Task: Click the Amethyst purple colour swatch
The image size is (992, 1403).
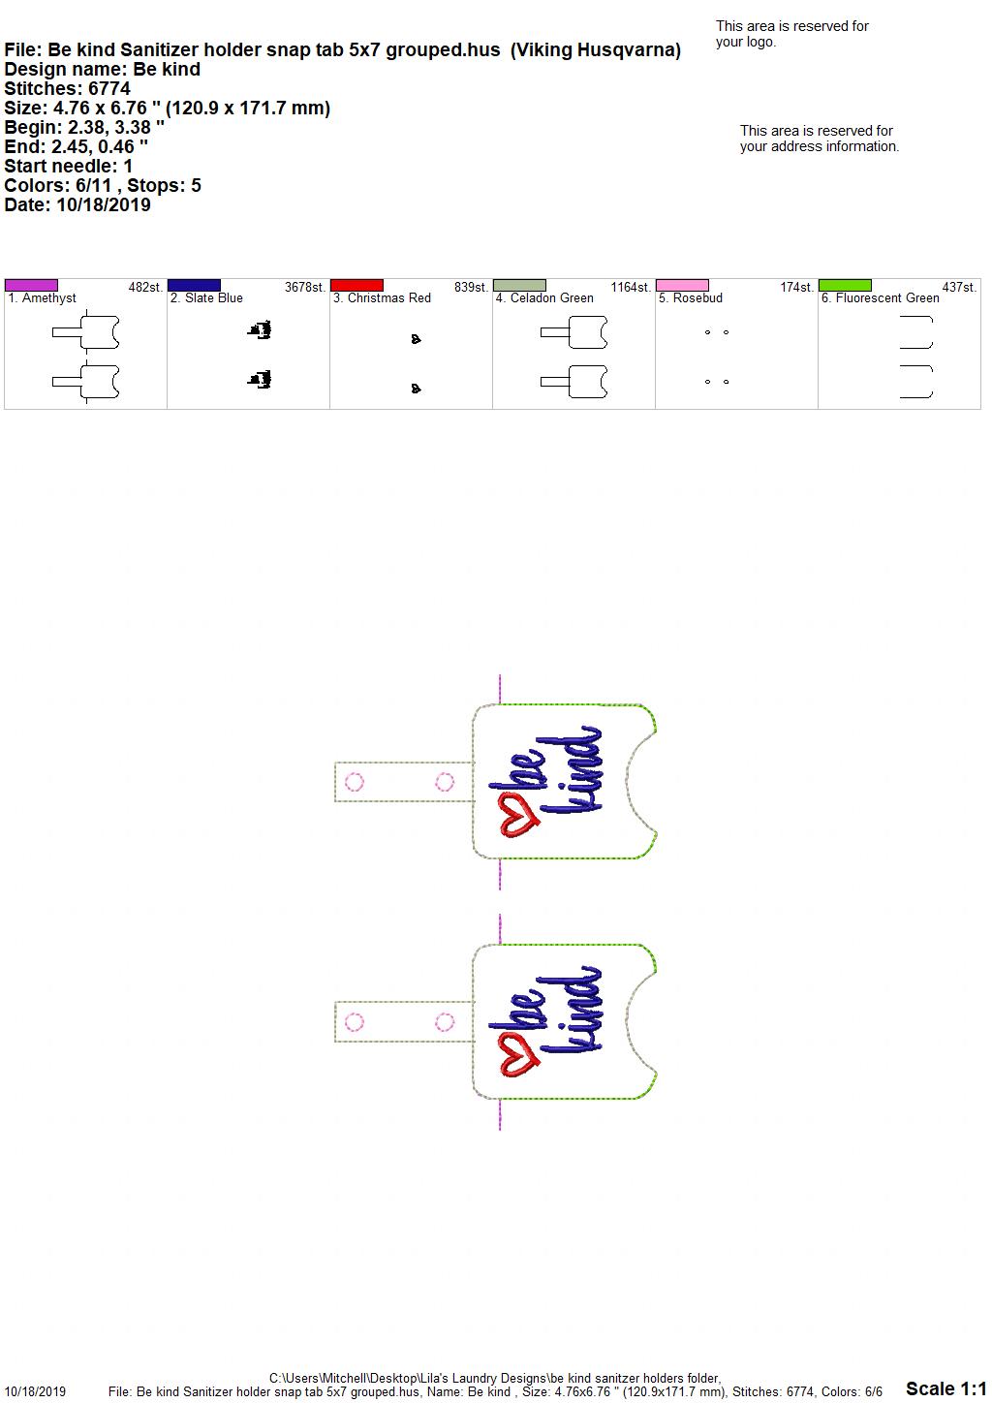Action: [x=31, y=285]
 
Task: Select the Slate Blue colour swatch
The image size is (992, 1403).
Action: [x=194, y=285]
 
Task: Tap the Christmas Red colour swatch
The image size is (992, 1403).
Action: [x=356, y=285]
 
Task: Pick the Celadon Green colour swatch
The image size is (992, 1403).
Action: [x=520, y=285]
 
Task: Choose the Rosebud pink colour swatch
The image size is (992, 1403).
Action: [x=683, y=285]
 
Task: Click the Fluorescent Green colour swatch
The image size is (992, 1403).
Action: [x=846, y=285]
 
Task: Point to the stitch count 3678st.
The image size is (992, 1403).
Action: [x=305, y=287]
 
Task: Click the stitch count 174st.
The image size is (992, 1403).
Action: [x=796, y=287]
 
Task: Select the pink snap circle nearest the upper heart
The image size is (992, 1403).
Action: [x=445, y=782]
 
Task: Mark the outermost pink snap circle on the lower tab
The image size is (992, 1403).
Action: [x=355, y=1022]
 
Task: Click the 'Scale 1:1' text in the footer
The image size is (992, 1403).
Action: [x=945, y=1387]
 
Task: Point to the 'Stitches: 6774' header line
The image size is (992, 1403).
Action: [x=67, y=88]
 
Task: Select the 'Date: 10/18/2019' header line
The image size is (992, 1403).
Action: [x=77, y=204]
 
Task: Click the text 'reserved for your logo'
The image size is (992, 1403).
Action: [x=792, y=34]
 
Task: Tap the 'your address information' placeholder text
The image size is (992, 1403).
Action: [x=820, y=146]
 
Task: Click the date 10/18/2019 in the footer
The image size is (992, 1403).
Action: [x=35, y=1391]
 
